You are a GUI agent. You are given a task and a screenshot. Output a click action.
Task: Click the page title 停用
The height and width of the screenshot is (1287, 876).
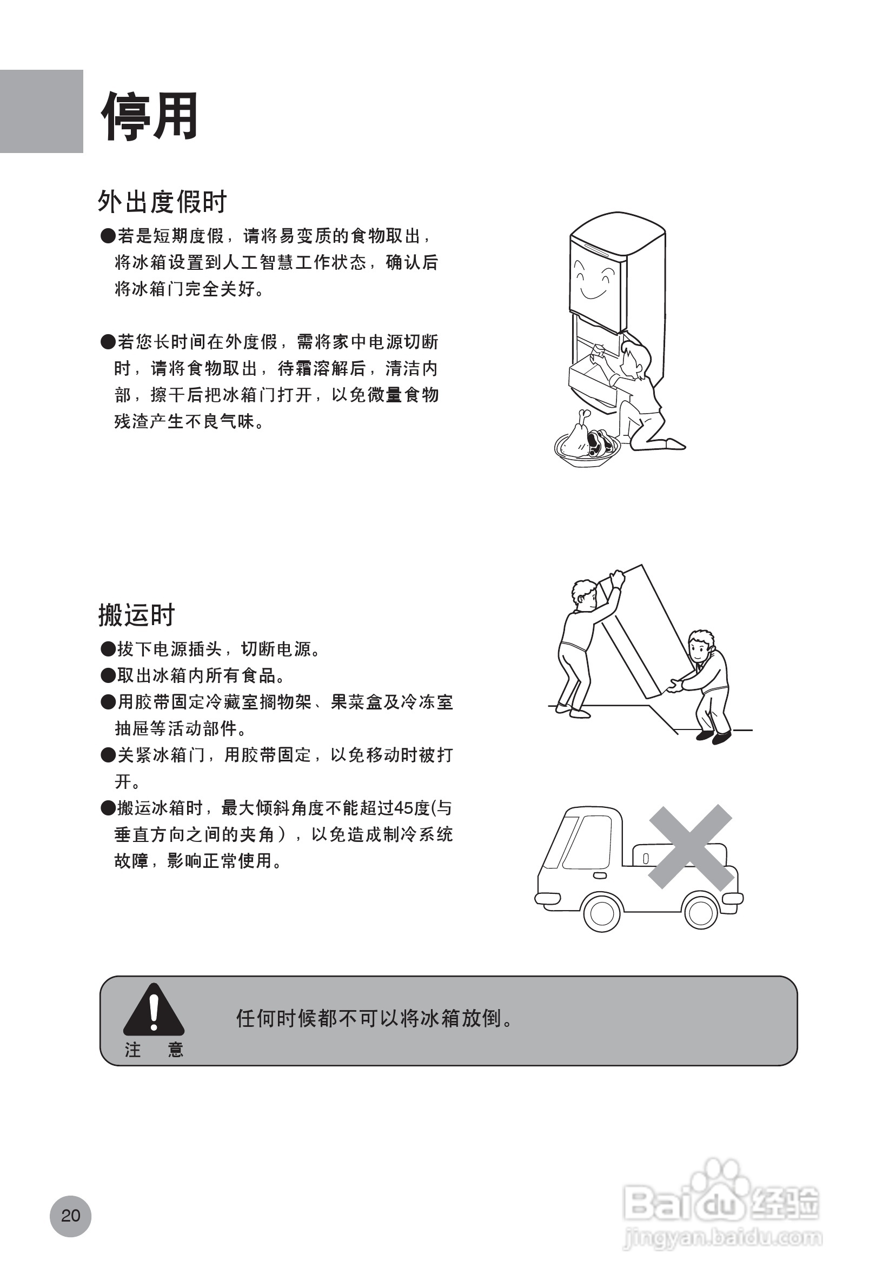tap(149, 116)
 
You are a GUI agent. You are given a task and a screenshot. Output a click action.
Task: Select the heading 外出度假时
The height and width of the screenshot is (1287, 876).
tap(162, 202)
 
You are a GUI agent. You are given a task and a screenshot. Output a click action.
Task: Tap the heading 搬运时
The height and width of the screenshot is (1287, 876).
tap(137, 615)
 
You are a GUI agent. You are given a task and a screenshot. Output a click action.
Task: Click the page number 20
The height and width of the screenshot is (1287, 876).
tap(70, 1216)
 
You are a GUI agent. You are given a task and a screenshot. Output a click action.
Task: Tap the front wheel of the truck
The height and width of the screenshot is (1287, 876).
tap(602, 913)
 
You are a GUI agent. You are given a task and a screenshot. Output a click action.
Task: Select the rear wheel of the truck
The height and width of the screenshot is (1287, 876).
tap(701, 912)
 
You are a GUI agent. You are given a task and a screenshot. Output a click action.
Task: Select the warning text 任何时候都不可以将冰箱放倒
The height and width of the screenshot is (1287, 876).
tap(374, 1018)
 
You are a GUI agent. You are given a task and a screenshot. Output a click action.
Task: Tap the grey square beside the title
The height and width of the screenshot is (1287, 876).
tap(42, 111)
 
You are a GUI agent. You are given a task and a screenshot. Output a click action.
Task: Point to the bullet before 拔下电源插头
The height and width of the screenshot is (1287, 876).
tap(108, 649)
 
